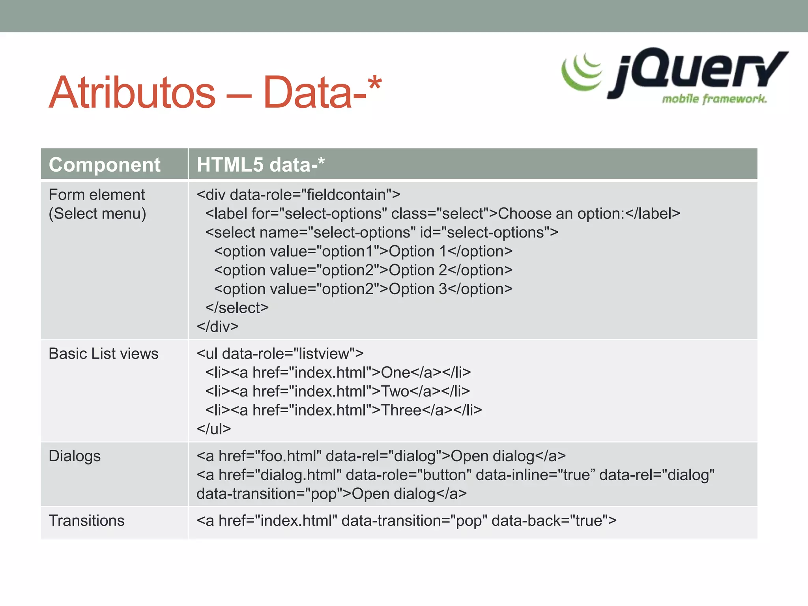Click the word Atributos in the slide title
coord(132,93)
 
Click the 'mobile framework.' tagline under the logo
coord(714,99)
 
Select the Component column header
coord(105,165)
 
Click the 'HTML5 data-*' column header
coord(260,165)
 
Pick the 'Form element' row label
coord(97,195)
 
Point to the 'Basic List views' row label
coord(103,354)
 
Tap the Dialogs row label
coord(75,456)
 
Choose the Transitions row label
coord(86,521)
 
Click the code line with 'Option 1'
coord(363,251)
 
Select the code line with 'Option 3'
coord(363,289)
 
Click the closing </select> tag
coord(237,308)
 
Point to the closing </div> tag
coord(218,327)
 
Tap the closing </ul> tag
coord(214,429)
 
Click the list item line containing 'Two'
coord(337,391)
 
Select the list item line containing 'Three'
coord(343,410)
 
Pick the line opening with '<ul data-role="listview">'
coord(280,354)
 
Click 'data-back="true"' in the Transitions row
coord(554,521)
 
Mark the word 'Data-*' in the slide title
coord(322,93)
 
